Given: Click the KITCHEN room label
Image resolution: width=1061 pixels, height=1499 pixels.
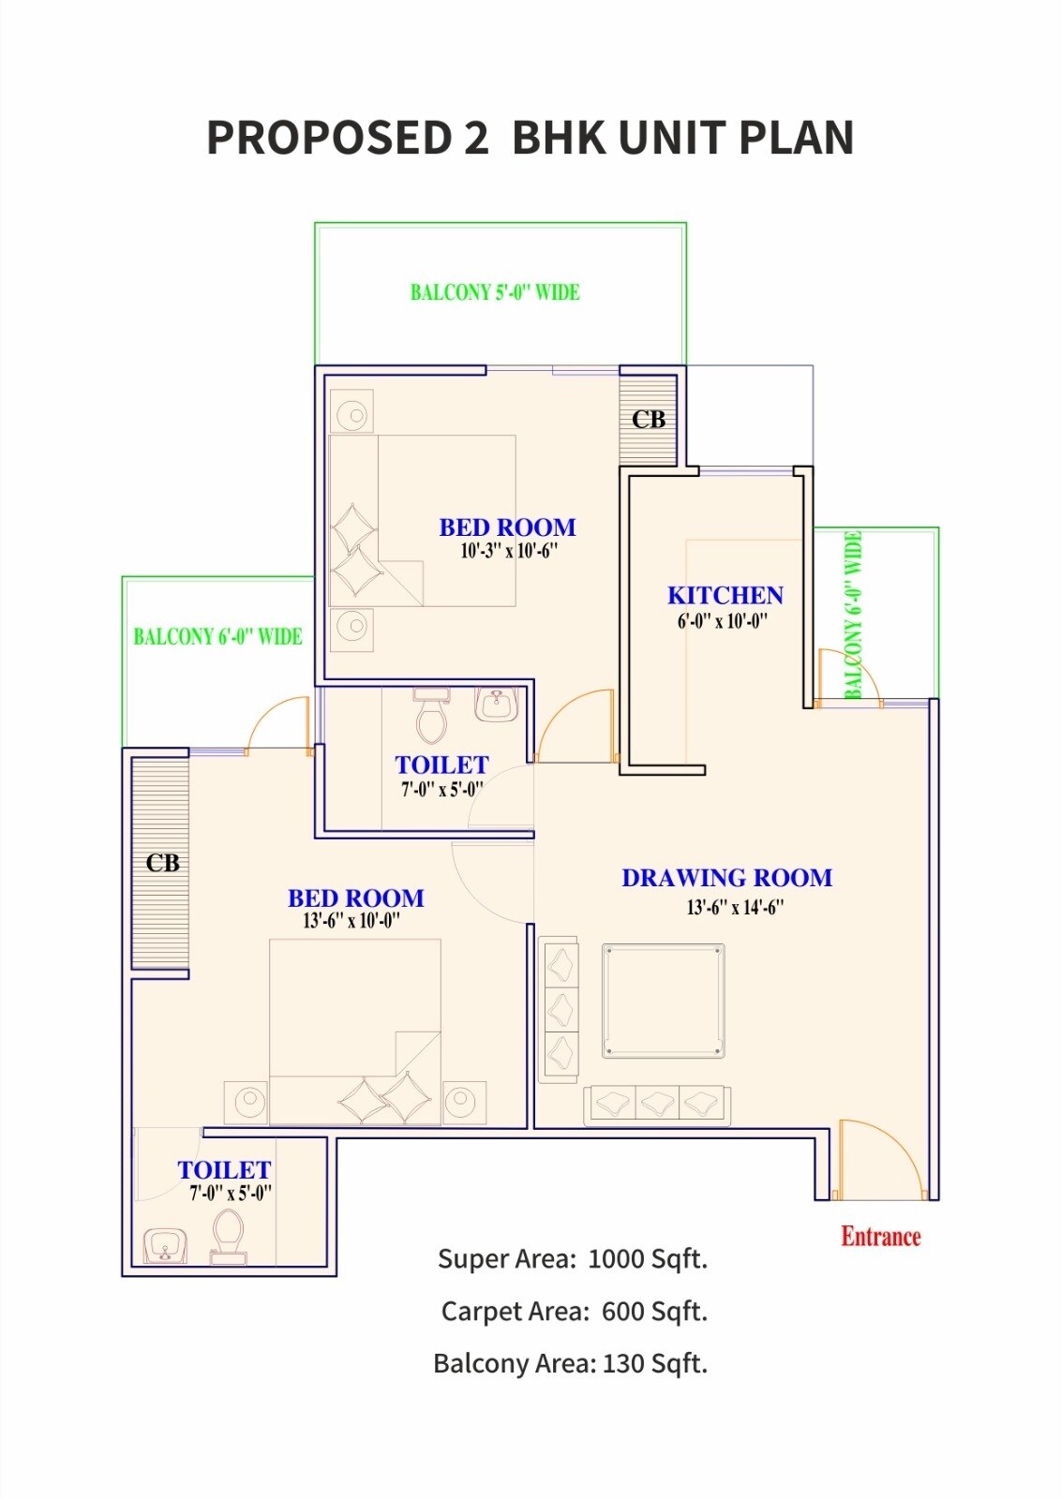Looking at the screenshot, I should coord(725,596).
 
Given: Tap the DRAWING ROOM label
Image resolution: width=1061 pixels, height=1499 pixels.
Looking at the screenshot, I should coord(726,879).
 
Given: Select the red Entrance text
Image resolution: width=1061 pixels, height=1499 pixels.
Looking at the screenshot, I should coord(880,1237).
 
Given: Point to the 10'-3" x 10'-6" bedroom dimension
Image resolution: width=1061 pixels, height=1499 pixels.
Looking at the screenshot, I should coord(509,552).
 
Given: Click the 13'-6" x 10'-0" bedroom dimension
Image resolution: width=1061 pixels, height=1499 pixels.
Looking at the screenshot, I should coord(351,921).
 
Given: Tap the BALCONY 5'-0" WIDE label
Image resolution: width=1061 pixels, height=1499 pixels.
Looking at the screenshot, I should coord(495,292).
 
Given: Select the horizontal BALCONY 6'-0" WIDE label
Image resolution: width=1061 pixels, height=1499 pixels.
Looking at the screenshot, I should coord(217,637).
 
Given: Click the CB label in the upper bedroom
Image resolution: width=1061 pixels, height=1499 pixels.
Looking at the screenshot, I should coord(648,420).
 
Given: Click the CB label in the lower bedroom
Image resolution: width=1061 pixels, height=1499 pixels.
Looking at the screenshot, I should coord(162,863).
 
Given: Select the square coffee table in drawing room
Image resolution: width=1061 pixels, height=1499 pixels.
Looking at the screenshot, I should coord(663,1001).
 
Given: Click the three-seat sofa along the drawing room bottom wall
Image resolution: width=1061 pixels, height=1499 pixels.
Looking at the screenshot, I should coord(657,1105).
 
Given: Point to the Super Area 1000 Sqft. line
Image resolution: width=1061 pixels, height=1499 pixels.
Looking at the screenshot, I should coord(572,1259).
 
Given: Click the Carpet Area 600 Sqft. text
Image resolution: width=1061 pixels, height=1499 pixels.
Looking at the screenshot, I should coord(574,1312).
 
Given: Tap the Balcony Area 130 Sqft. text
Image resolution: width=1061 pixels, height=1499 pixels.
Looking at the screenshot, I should coord(570,1364).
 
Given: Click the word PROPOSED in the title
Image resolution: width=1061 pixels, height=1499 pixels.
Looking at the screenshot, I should coord(329,138).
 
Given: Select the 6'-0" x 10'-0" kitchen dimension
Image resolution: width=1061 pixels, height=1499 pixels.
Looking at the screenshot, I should coord(723,621).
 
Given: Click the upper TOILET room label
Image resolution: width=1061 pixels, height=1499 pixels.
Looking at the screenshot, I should coord(441,765).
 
